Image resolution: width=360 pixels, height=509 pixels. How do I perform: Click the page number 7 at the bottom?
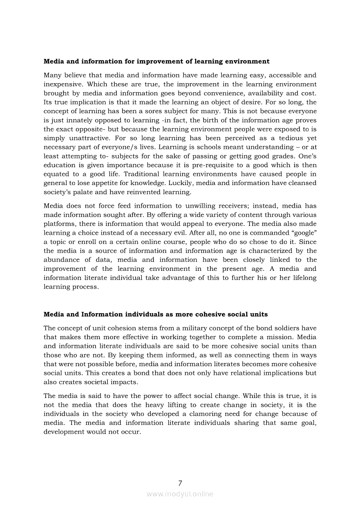click(180, 483)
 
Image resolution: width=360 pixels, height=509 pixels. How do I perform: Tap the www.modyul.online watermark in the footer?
click(180, 494)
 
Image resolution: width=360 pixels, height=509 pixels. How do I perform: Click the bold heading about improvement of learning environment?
click(156, 61)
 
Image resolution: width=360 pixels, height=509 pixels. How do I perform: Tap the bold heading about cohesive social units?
click(156, 314)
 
